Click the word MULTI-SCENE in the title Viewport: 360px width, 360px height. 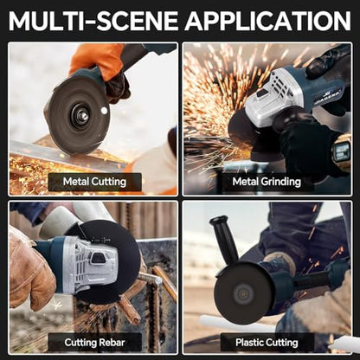93,21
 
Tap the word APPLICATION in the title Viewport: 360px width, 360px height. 268,21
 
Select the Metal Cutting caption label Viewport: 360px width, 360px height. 94,182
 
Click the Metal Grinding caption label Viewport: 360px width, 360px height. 267,182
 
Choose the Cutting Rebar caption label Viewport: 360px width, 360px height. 94,343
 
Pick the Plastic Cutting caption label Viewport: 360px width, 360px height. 267,343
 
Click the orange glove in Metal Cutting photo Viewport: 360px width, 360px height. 97,61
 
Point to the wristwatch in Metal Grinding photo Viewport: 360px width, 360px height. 341,151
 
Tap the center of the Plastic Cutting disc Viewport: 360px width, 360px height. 243,294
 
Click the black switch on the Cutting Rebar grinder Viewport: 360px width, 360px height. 100,258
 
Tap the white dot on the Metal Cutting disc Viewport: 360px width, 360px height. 104,110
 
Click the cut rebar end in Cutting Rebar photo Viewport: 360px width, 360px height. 157,280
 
